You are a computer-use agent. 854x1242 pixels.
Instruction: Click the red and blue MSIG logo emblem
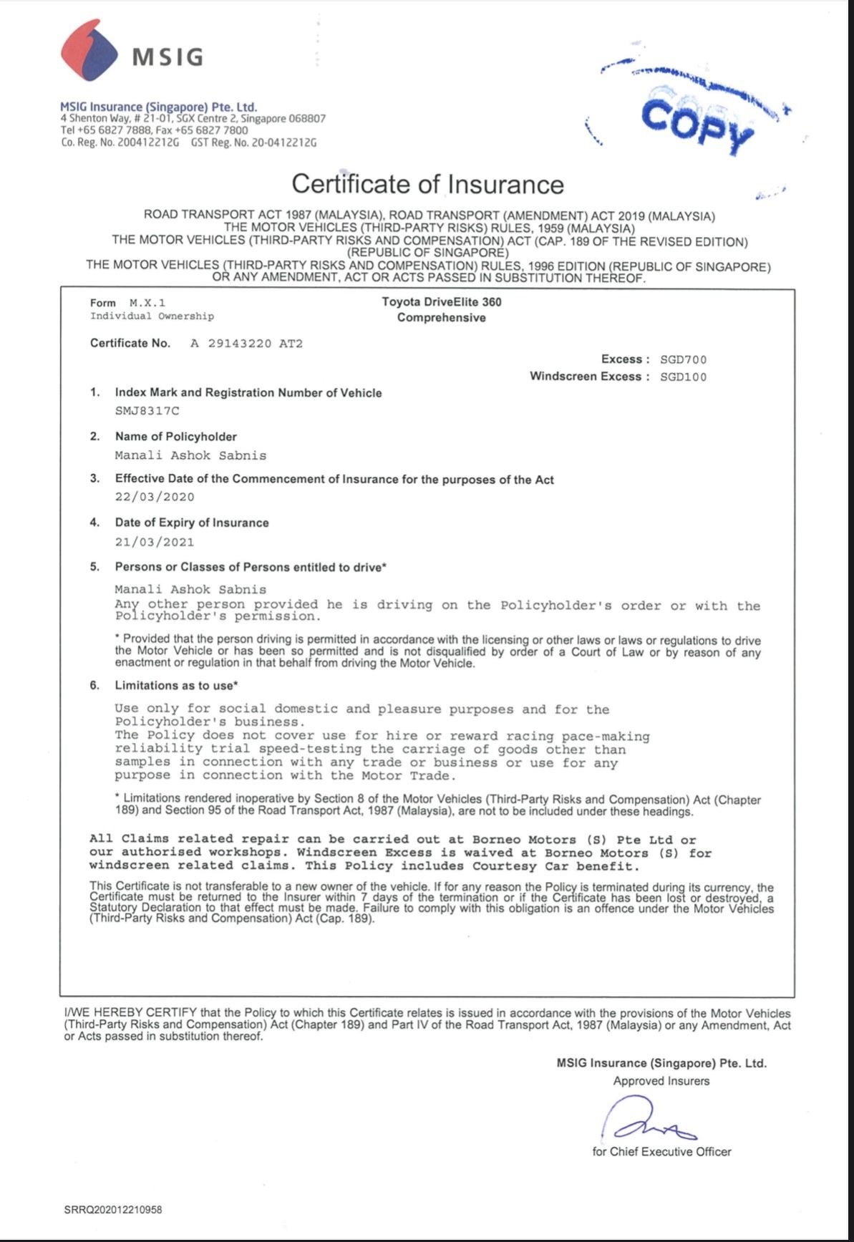pyautogui.click(x=89, y=50)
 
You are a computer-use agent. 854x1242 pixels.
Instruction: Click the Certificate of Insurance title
pyautogui.click(x=427, y=184)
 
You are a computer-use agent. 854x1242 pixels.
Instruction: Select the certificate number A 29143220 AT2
pyautogui.click(x=246, y=344)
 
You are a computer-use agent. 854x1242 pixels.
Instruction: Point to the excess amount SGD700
pyautogui.click(x=683, y=359)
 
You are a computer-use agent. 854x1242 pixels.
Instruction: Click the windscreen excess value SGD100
pyautogui.click(x=683, y=377)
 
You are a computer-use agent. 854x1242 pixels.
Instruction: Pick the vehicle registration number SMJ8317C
pyautogui.click(x=147, y=411)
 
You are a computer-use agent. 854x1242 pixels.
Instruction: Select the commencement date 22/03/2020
pyautogui.click(x=155, y=497)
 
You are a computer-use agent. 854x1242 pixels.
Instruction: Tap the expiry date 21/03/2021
pyautogui.click(x=155, y=542)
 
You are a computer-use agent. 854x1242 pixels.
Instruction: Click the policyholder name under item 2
pyautogui.click(x=190, y=455)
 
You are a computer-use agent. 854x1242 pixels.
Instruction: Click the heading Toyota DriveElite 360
pyautogui.click(x=441, y=301)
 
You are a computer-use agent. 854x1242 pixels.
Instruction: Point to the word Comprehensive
pyautogui.click(x=441, y=318)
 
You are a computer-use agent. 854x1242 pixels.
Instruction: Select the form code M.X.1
pyautogui.click(x=147, y=303)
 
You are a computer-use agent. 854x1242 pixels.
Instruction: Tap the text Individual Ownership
pyautogui.click(x=152, y=316)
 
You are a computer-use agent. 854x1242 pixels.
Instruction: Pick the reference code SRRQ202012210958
pyautogui.click(x=113, y=1210)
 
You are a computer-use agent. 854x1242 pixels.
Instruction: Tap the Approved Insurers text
pyautogui.click(x=661, y=1081)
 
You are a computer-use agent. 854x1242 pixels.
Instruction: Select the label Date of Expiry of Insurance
pyautogui.click(x=192, y=523)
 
